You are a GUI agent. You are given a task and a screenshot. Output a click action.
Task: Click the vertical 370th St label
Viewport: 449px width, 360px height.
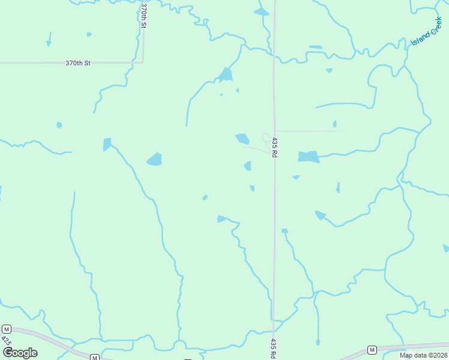[x=144, y=16]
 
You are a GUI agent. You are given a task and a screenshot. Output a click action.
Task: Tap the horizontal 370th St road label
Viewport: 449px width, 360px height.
[x=78, y=62]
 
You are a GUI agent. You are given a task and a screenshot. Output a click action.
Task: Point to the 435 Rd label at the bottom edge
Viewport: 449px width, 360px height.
[x=273, y=348]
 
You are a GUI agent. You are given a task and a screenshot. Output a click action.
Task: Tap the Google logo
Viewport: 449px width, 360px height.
[x=20, y=352]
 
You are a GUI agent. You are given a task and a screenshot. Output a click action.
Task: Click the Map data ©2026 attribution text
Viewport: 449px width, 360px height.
[x=423, y=355]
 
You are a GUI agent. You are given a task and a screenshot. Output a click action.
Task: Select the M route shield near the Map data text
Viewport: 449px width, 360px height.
[x=372, y=350]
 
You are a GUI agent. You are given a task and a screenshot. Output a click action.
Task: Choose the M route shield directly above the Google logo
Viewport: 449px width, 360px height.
[x=7, y=329]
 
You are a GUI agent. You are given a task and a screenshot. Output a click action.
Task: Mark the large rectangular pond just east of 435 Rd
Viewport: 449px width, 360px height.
[x=309, y=157]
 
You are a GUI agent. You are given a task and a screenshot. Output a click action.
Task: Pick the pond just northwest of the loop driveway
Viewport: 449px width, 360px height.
[x=242, y=139]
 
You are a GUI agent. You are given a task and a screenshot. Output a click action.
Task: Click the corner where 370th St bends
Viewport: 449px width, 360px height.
[x=143, y=61]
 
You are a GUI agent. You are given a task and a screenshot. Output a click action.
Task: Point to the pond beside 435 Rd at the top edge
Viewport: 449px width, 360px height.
[x=261, y=12]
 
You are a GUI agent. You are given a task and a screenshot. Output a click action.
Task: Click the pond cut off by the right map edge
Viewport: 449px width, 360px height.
[x=446, y=248]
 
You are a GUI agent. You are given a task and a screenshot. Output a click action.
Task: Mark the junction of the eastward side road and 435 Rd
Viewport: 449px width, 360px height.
[x=275, y=130]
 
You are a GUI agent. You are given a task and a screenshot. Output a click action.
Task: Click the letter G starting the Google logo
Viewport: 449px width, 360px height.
[x=8, y=352]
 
